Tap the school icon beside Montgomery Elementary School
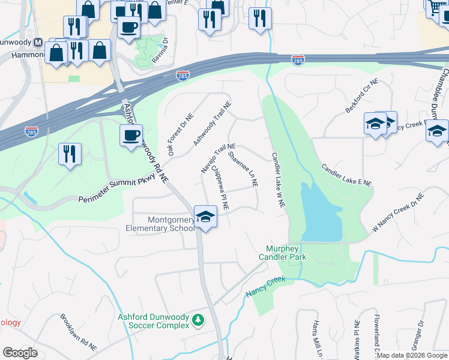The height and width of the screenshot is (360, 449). click(x=205, y=217)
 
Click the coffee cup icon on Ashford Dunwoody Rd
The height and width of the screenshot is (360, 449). click(x=130, y=134)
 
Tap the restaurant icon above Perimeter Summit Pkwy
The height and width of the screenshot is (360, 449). click(x=70, y=154)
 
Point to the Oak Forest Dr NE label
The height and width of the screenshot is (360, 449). click(x=181, y=136)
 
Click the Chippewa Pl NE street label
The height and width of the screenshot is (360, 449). click(x=219, y=188)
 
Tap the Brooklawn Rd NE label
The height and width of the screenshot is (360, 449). click(x=78, y=332)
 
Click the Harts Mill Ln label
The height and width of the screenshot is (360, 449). click(x=316, y=340)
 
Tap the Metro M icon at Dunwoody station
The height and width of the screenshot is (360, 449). click(x=38, y=43)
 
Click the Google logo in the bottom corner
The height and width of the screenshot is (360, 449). click(x=20, y=353)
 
